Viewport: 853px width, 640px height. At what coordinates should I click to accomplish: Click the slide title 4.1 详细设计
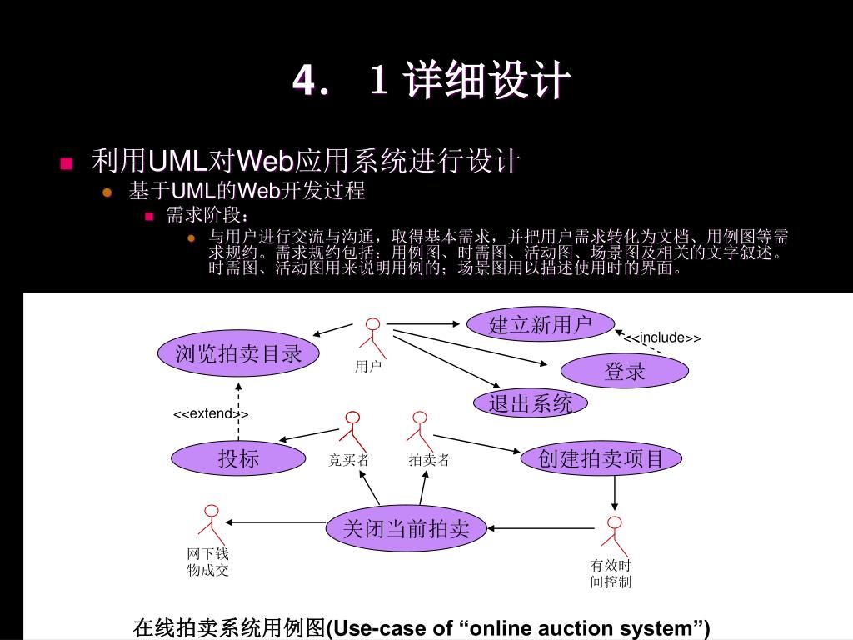point(431,82)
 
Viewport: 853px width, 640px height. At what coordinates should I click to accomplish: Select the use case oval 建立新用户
point(540,324)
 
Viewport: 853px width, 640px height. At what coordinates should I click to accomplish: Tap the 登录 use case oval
point(625,372)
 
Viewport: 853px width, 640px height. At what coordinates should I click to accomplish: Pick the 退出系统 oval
point(531,404)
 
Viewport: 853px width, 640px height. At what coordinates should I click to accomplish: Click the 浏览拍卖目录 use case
point(238,354)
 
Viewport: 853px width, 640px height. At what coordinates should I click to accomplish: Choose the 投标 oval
point(238,458)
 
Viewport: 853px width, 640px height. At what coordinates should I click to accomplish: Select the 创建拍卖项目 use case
point(601,458)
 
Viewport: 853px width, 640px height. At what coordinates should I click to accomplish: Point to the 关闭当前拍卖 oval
point(407,527)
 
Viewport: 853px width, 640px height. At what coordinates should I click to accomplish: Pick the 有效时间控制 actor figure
point(615,534)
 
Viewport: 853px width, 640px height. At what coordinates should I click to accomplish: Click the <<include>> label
point(663,337)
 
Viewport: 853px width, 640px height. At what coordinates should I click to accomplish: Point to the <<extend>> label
point(211,414)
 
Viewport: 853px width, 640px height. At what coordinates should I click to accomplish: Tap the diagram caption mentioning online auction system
point(422,627)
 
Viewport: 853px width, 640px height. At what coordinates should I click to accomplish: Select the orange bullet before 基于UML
point(107,192)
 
